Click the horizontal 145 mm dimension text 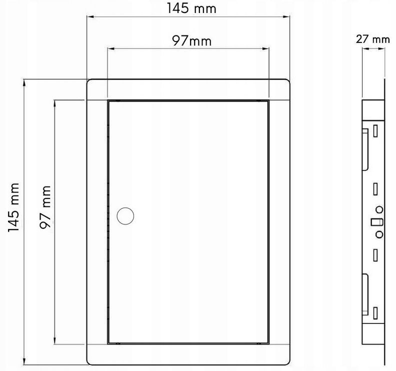(191, 8)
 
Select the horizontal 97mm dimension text (191, 40)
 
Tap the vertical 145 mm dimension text (13, 207)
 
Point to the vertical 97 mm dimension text (45, 207)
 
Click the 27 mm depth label (373, 39)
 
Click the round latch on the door (125, 216)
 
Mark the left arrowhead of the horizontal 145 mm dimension (90, 16)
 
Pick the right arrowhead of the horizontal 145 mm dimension (286, 16)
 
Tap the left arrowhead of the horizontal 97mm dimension (111, 48)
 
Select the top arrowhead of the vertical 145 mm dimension (24, 83)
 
